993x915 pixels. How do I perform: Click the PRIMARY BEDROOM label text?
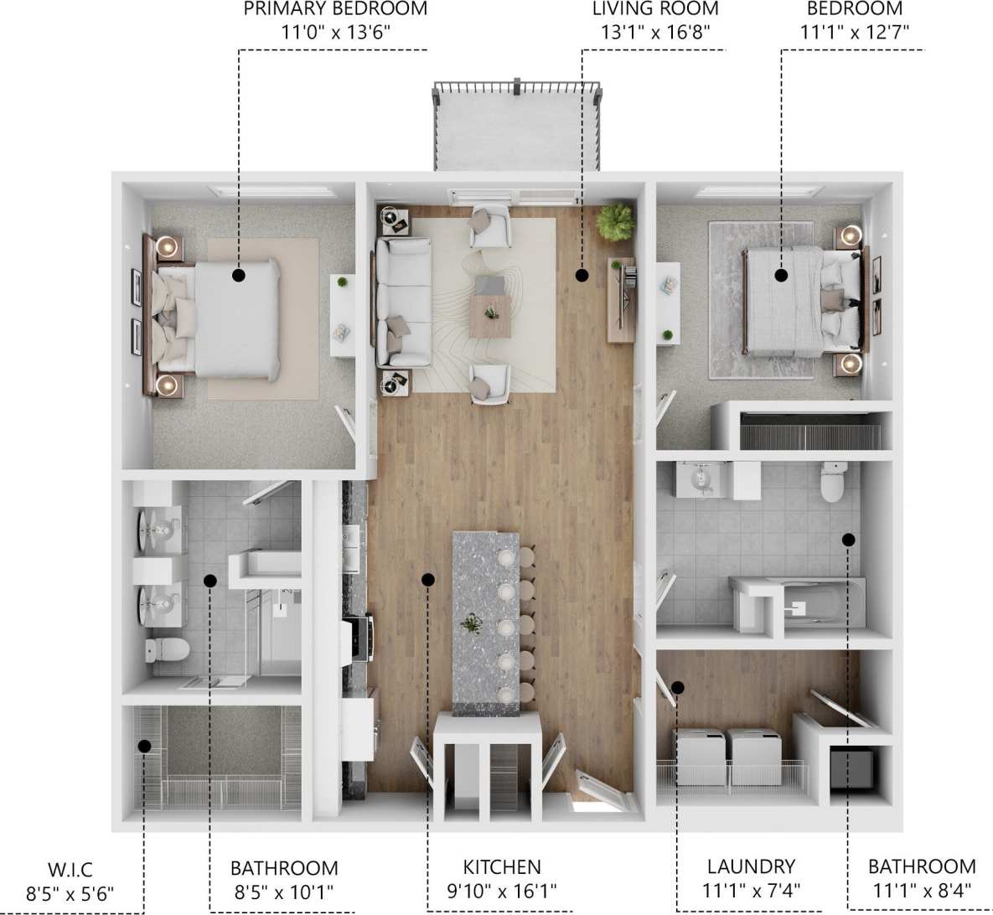tap(335, 9)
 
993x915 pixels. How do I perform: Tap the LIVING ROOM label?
tap(655, 9)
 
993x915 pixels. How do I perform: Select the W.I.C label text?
tap(70, 868)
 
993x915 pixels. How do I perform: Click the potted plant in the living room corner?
tap(616, 221)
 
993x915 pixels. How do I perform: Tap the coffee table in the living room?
tap(490, 315)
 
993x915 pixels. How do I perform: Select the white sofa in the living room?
tap(402, 302)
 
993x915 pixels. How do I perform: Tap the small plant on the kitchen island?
tap(473, 623)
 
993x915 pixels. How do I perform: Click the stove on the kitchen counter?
tap(359, 637)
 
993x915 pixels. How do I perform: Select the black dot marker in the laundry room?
tap(678, 688)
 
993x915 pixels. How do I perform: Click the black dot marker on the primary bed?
tap(239, 274)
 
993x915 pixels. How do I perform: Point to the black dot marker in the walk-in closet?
tap(144, 745)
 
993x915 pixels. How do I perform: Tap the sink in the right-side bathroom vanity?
tap(701, 479)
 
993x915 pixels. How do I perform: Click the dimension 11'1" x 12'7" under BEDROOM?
tap(855, 33)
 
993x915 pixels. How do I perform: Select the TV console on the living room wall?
tap(621, 299)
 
